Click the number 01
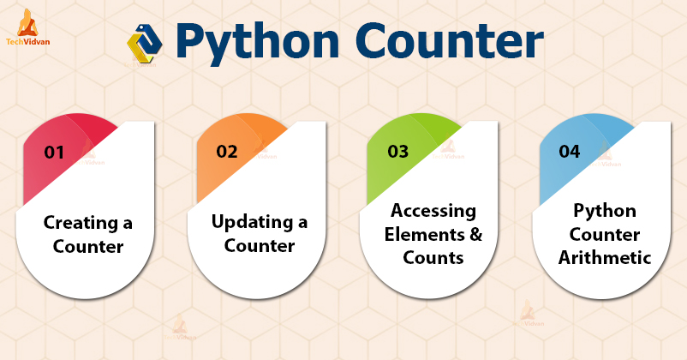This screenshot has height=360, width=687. point(55,153)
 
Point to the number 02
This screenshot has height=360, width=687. point(227,152)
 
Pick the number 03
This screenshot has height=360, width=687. point(397,152)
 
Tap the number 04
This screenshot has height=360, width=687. point(569,152)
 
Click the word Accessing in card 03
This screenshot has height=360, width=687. point(433,211)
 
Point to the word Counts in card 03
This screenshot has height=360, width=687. point(433,256)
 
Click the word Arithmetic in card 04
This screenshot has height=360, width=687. point(605,256)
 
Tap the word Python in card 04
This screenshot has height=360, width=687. point(605,211)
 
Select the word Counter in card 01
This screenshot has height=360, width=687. point(88,247)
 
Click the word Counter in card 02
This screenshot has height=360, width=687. point(260,245)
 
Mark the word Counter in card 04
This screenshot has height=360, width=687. point(605,233)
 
